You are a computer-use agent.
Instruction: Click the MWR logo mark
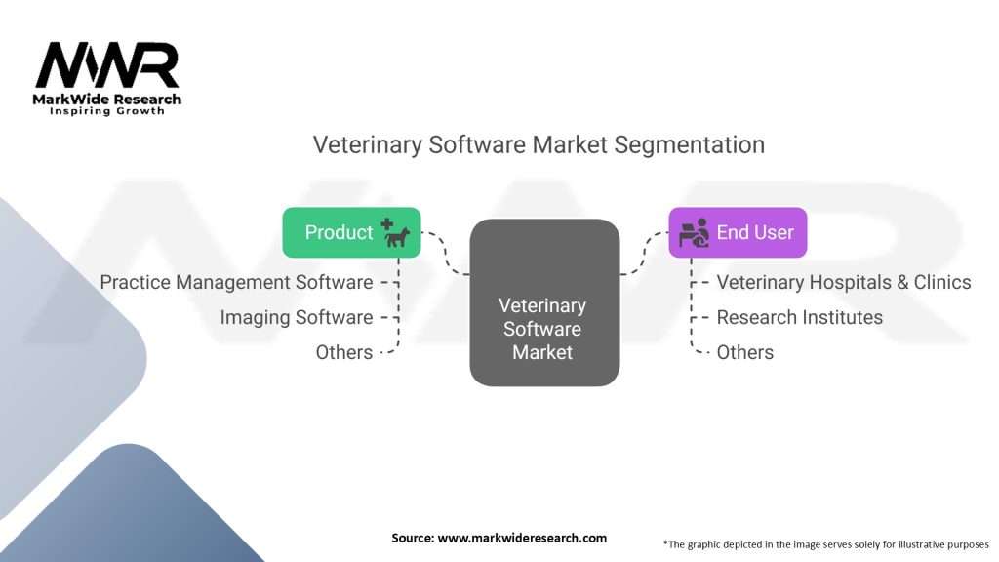107,65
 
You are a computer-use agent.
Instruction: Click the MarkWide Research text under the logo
107,100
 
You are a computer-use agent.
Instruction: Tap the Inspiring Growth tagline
107,111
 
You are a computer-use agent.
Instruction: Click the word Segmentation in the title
690,145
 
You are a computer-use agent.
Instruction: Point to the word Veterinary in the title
368,145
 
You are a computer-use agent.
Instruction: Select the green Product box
351,232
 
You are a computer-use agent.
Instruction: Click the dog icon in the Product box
395,233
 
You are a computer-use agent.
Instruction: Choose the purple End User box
738,232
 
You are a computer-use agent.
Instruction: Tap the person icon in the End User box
694,232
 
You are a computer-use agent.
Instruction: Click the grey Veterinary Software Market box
544,302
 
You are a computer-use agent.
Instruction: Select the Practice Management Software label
236,282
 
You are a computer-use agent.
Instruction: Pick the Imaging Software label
297,317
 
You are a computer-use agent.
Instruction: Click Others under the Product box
344,352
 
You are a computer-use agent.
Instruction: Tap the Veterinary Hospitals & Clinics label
844,282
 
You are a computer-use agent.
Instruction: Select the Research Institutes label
800,317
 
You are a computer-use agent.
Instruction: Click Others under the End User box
744,352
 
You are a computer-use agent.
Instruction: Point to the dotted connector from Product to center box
445,254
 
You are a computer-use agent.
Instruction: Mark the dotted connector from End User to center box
644,254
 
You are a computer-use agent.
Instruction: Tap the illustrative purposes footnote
825,544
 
